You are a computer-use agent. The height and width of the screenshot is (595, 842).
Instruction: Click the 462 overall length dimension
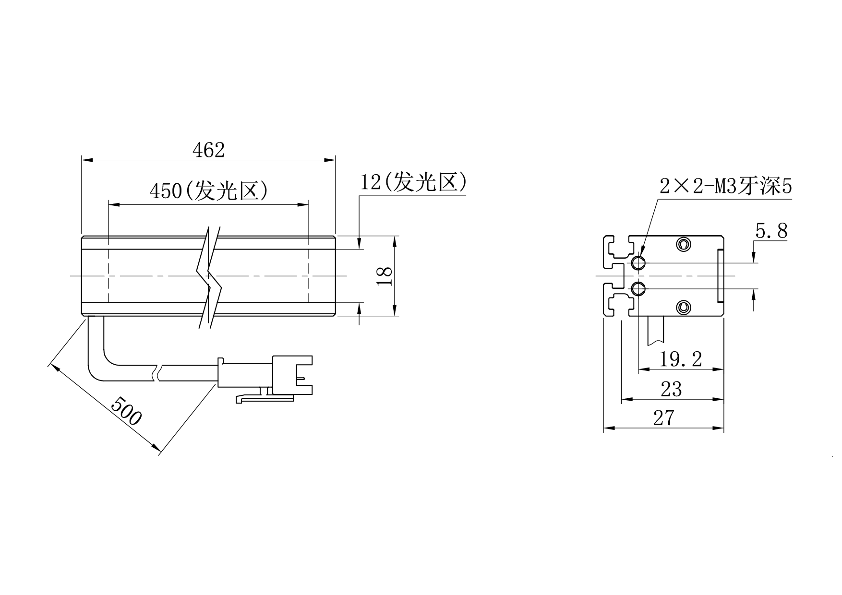208,150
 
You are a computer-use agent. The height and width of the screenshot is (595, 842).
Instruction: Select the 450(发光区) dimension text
209,191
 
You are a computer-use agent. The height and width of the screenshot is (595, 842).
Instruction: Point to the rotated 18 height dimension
385,276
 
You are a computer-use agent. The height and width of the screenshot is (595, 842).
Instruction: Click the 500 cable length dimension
126,410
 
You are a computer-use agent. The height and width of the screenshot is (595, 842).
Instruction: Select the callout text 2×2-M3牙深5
725,186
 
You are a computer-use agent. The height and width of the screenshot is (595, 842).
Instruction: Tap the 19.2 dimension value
681,359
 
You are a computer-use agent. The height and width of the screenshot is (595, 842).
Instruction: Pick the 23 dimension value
671,389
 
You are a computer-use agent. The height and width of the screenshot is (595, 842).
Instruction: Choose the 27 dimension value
664,418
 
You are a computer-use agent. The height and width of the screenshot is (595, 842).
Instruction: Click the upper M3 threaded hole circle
638,263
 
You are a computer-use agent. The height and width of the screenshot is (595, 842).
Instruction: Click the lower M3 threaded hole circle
638,289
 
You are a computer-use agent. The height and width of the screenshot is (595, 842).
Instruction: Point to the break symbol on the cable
157,374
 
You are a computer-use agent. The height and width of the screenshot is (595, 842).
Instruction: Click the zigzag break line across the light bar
209,277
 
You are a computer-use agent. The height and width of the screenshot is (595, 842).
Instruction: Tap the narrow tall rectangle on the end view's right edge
720,276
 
